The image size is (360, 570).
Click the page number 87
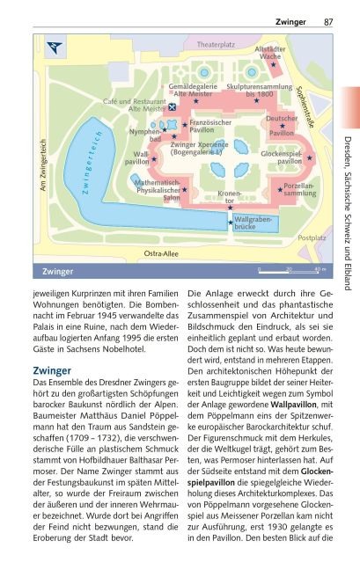point(327,21)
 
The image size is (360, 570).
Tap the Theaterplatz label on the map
point(216,43)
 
